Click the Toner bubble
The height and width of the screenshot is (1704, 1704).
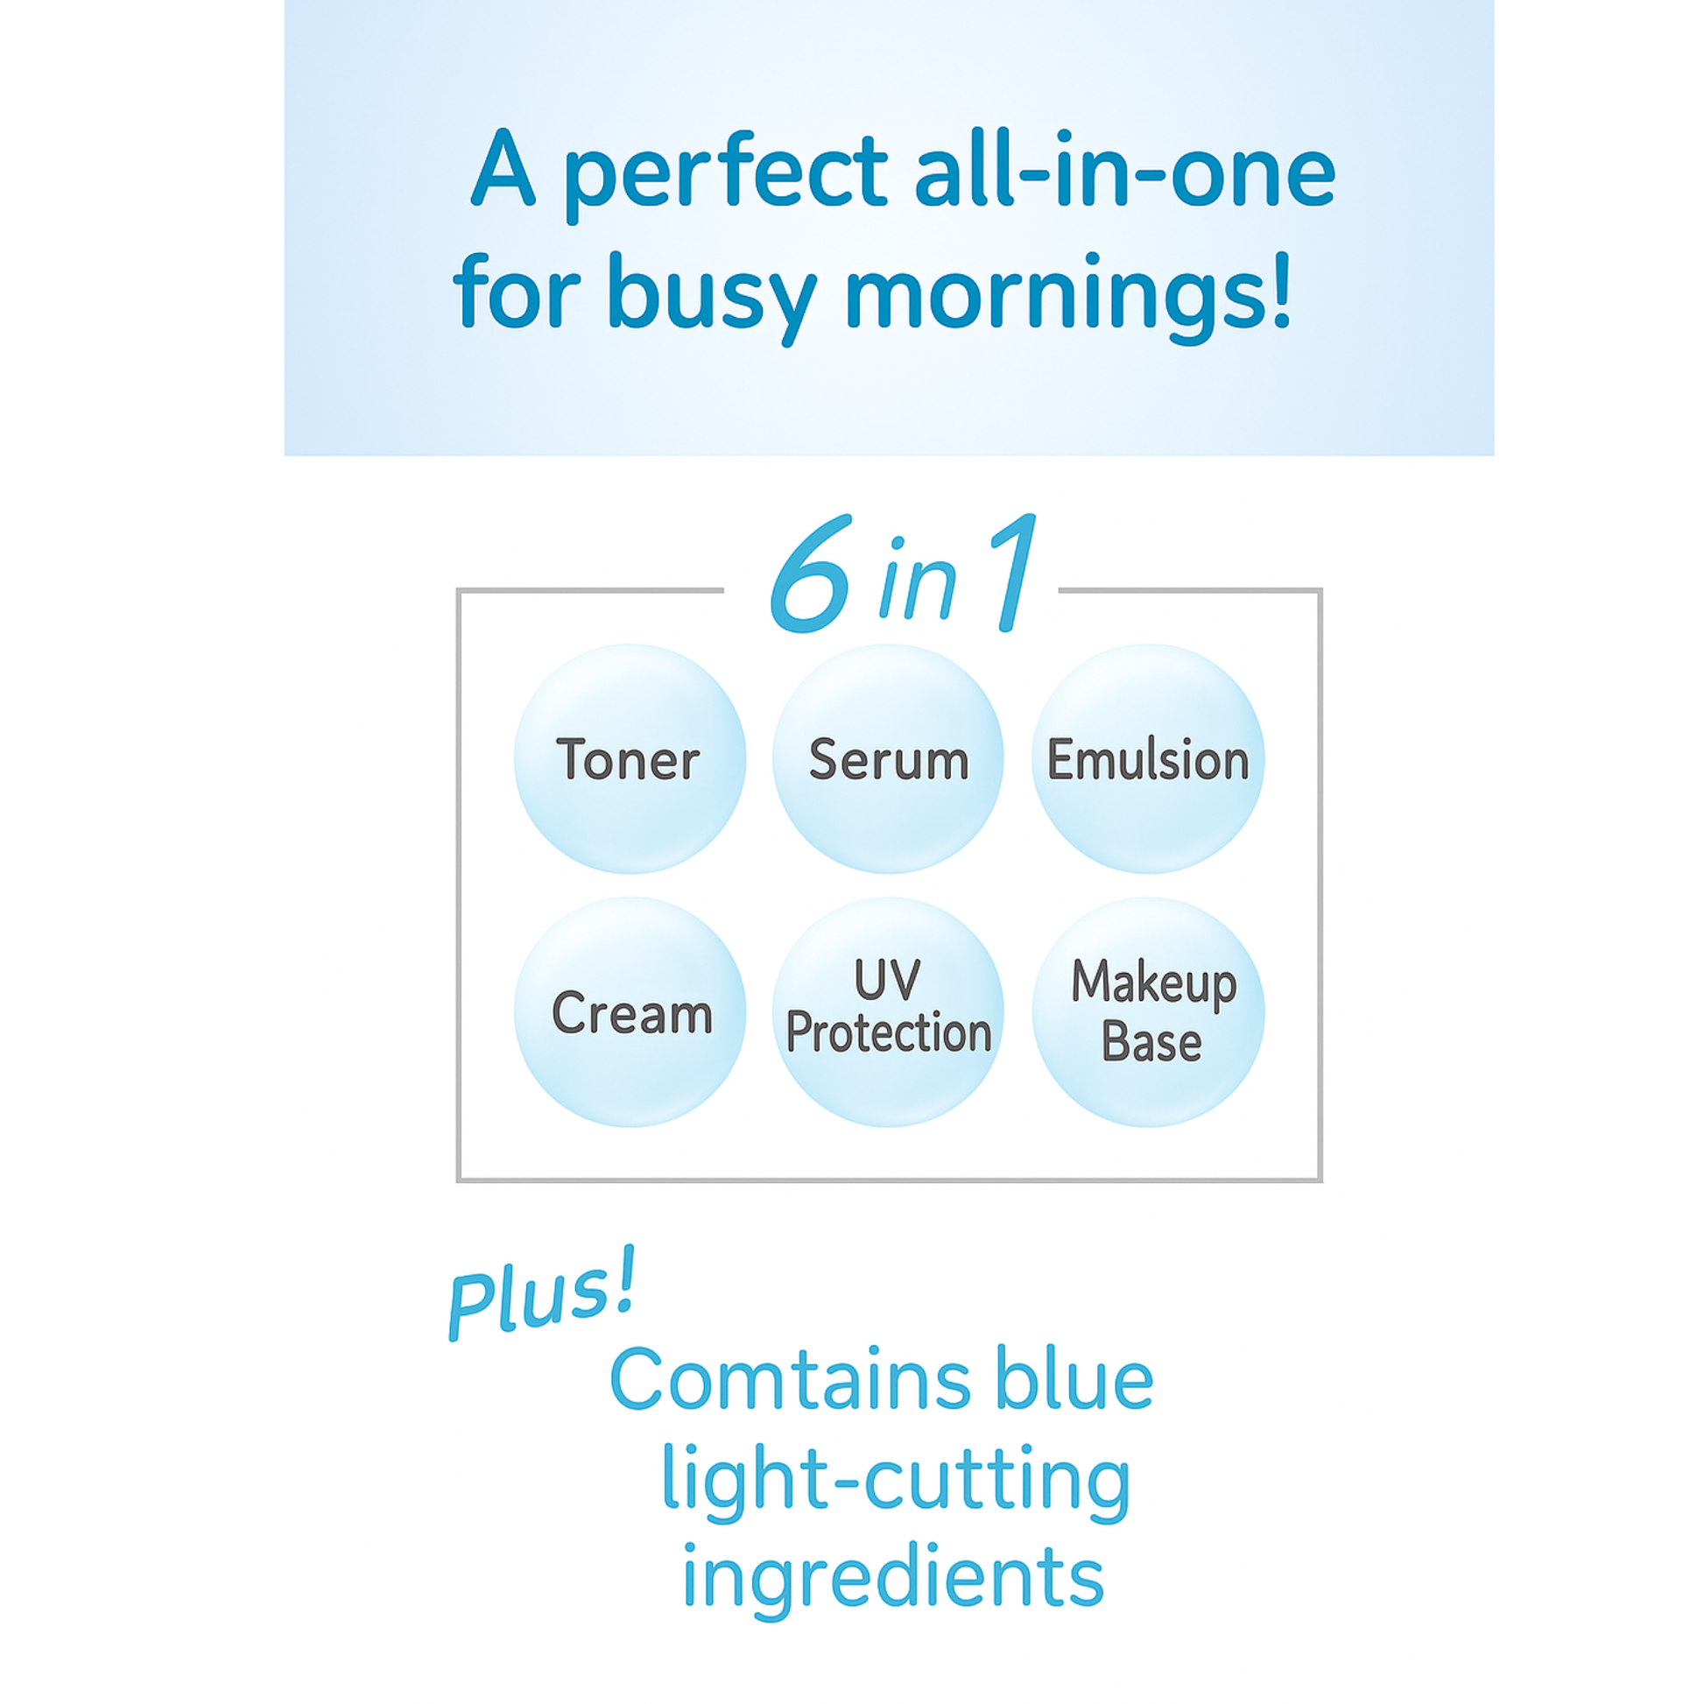click(630, 759)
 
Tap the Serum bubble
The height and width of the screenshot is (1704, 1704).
click(888, 759)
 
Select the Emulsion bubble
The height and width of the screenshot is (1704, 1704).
click(1148, 759)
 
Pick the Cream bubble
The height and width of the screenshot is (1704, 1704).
click(630, 1012)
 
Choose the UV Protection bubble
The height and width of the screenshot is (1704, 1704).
click(888, 1012)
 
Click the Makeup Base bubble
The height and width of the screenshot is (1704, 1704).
click(1148, 1012)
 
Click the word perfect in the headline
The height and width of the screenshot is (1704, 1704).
click(725, 173)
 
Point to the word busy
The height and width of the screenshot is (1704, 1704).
click(712, 297)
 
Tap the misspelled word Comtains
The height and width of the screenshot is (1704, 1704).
click(792, 1381)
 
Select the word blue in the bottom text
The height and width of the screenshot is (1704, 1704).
click(1074, 1378)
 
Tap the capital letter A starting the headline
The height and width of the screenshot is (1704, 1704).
click(503, 167)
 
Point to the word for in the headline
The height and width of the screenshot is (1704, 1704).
click(517, 290)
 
